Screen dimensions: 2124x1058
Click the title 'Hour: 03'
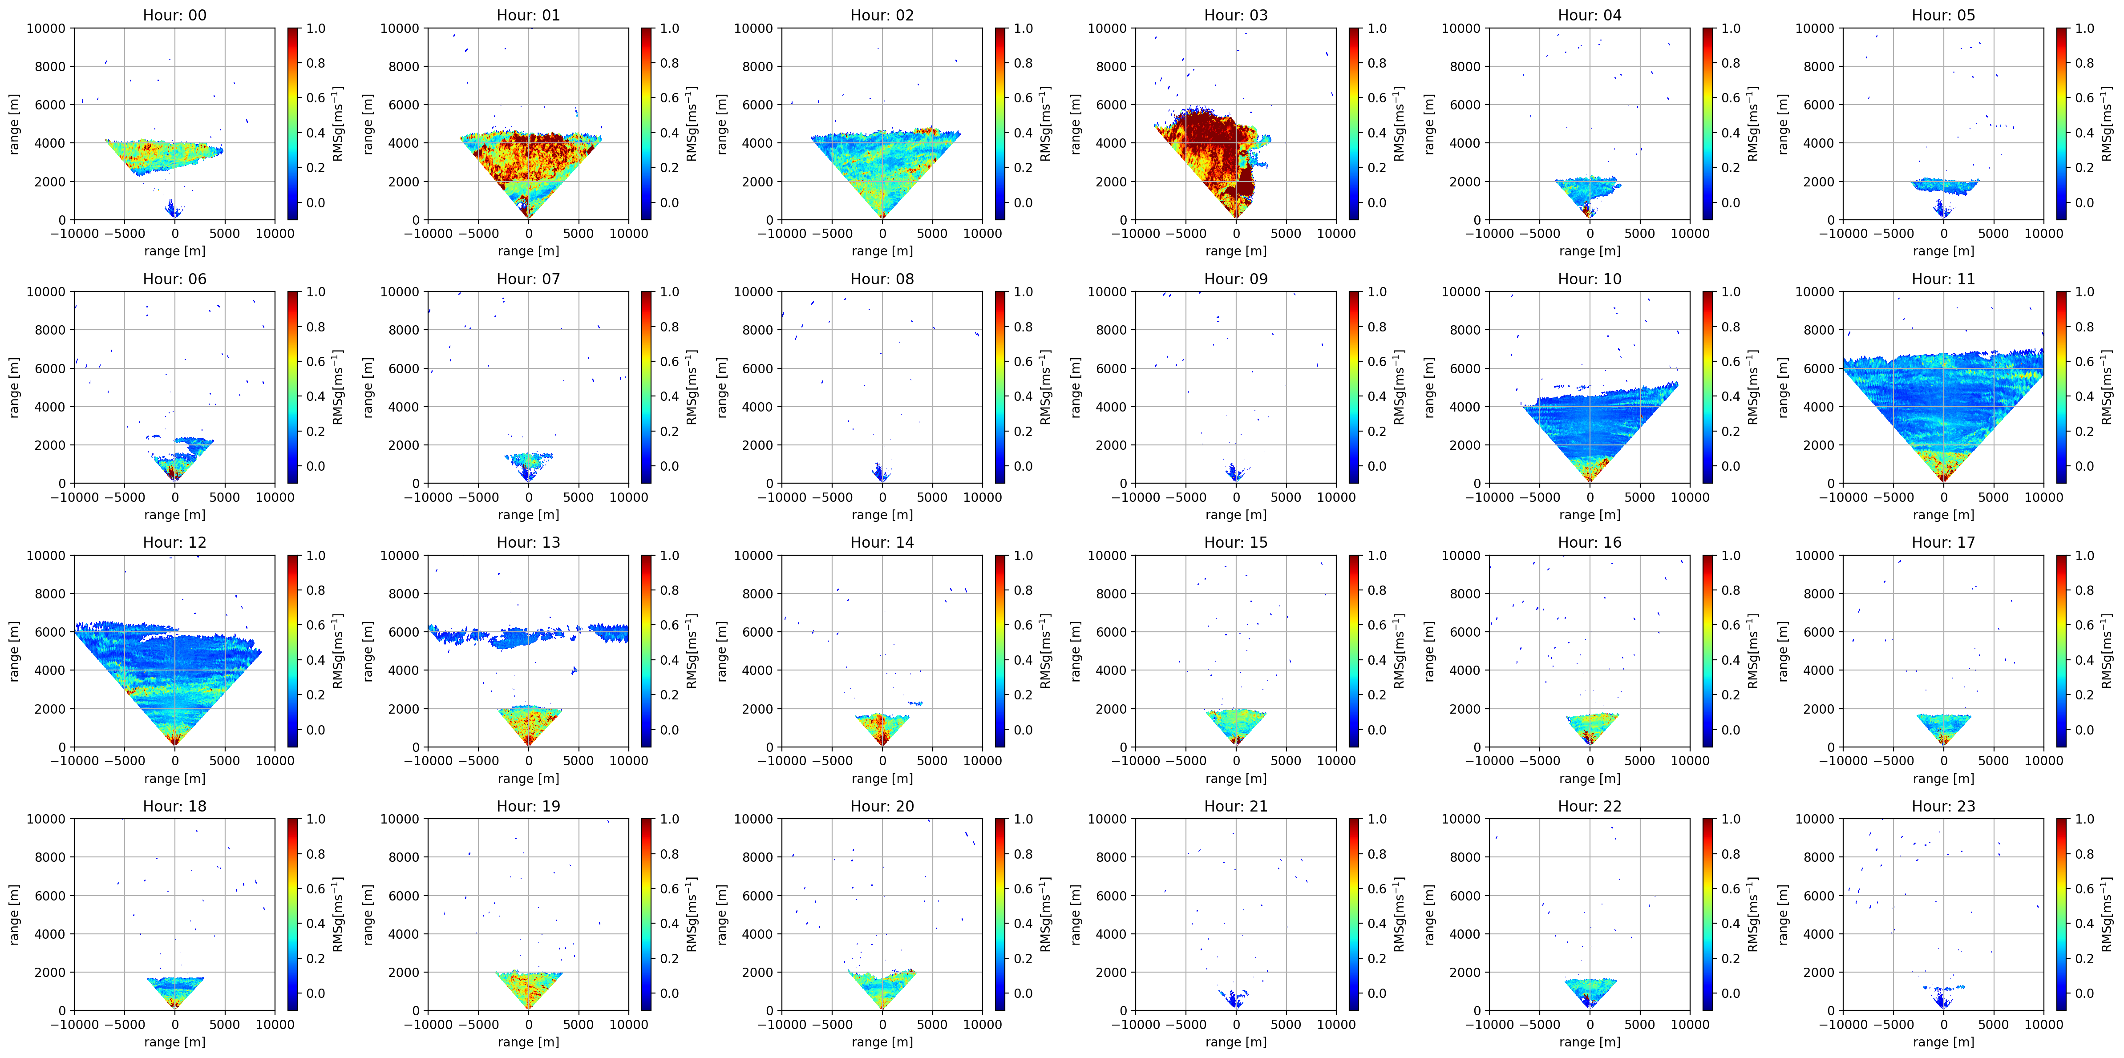point(1235,15)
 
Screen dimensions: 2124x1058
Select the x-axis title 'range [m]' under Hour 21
point(1235,1042)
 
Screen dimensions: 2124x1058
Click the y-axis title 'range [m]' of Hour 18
point(14,914)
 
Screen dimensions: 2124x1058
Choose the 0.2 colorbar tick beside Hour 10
point(1730,431)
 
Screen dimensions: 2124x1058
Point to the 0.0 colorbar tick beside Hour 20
point(1023,993)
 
